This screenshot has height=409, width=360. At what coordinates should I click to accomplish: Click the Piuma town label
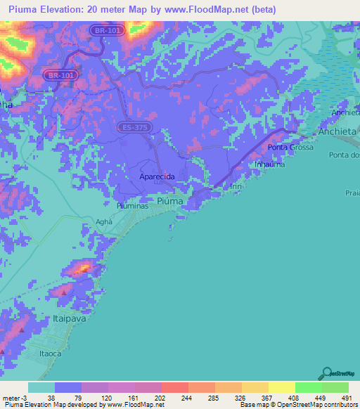(170, 201)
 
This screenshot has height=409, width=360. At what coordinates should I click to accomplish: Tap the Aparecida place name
(157, 178)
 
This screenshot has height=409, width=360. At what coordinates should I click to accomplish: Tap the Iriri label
(237, 186)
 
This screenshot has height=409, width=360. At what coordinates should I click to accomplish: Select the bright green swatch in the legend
(308, 387)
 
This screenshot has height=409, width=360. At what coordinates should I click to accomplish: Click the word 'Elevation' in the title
(66, 10)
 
